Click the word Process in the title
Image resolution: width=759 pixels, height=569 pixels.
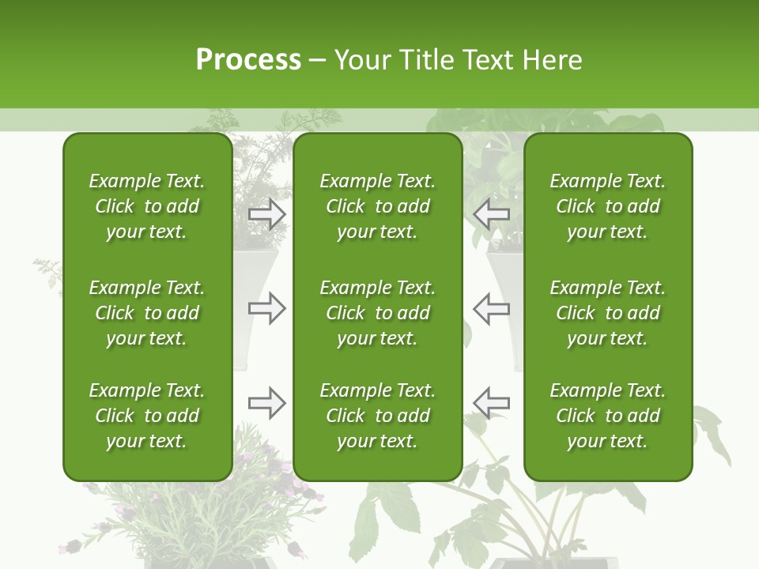click(248, 60)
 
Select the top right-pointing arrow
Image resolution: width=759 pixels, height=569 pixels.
click(267, 214)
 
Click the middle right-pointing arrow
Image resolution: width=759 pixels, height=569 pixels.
click(267, 307)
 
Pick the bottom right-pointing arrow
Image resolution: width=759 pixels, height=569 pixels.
click(267, 403)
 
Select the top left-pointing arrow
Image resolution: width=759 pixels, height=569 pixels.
click(491, 214)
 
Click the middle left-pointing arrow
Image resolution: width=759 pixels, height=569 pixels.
click(491, 307)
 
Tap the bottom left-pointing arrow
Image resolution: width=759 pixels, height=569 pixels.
click(491, 403)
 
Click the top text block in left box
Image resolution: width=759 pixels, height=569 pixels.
click(147, 206)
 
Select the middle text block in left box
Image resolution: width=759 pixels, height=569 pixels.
click(147, 313)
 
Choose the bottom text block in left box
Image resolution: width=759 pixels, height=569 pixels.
click(147, 416)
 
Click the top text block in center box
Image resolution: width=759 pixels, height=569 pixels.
click(378, 206)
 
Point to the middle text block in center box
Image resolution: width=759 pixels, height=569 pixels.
click(378, 313)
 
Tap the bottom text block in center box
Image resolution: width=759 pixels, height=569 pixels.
click(378, 416)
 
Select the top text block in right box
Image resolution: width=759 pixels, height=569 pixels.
click(608, 206)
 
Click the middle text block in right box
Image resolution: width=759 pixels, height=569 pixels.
click(608, 313)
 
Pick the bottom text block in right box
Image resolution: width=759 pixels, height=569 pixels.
click(608, 416)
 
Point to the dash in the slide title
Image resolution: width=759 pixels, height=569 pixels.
click(318, 61)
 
